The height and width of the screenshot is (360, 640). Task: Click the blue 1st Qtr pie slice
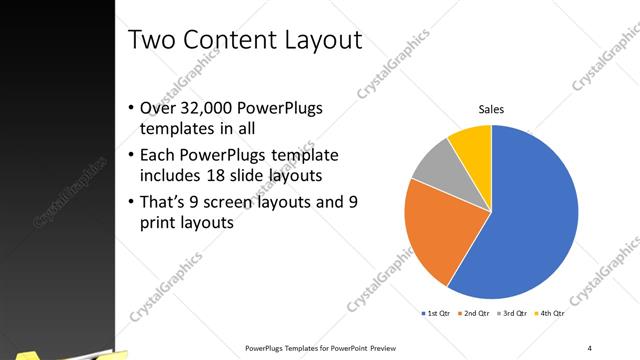tap(530, 215)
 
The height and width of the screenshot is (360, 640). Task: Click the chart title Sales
tap(491, 109)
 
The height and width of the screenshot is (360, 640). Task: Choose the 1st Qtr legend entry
tap(437, 314)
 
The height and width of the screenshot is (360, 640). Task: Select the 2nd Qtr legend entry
tap(475, 314)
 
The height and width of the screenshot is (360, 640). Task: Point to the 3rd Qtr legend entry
tap(513, 314)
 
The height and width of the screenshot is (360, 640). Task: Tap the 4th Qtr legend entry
tap(551, 314)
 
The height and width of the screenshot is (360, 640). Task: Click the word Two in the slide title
tap(154, 41)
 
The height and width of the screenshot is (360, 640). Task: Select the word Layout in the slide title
tap(319, 41)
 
